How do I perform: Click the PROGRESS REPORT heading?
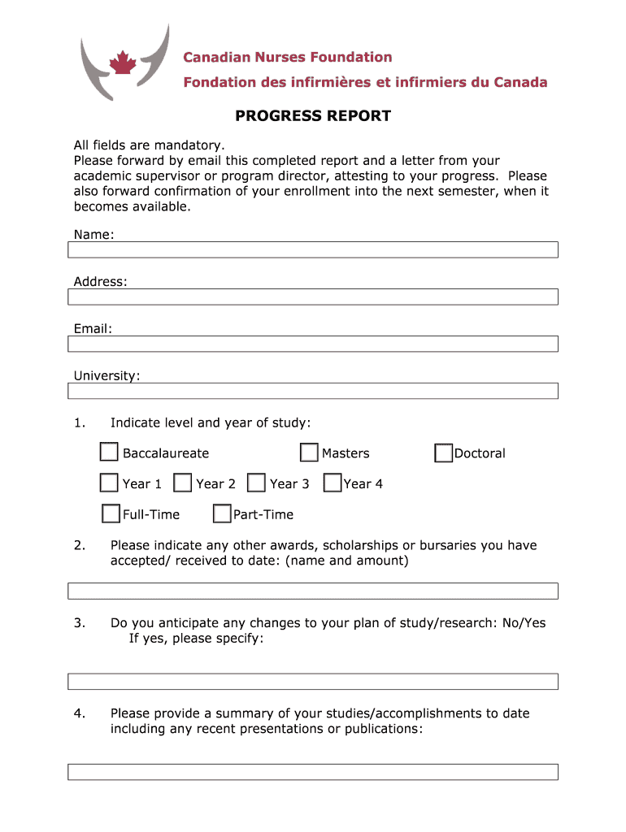313,116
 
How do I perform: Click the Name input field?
313,249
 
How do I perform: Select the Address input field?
313,297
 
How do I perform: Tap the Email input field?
313,344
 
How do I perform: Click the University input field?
313,391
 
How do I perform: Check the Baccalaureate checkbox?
109,453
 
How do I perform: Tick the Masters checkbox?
309,453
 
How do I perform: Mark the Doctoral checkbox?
443,453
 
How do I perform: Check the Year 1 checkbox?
109,483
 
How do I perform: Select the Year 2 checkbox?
183,483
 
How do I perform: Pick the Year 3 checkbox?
256,483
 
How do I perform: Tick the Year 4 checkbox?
332,483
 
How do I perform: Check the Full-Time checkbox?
111,513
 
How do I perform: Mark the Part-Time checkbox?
221,513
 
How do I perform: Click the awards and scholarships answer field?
313,591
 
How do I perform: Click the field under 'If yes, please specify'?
313,681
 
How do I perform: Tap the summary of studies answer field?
313,771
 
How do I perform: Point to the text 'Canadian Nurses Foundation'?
287,57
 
